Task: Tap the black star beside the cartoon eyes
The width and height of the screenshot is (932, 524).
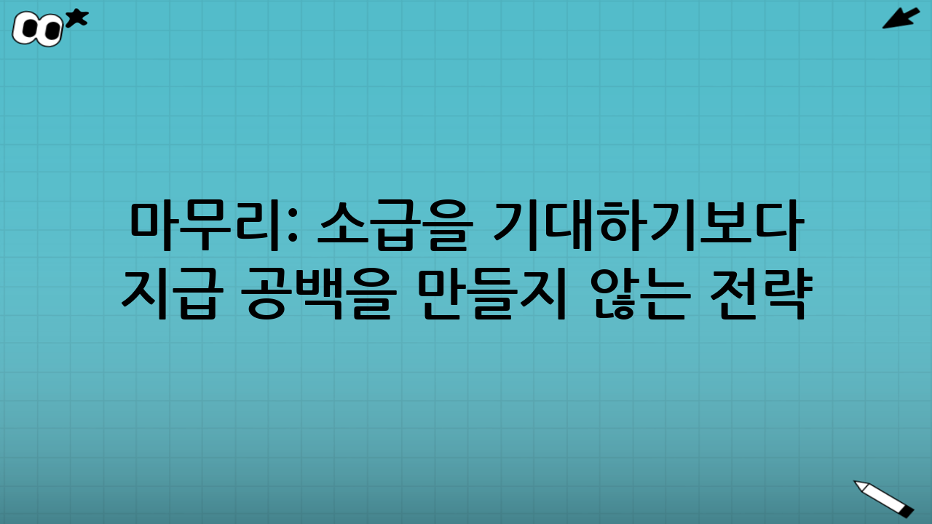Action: pos(76,18)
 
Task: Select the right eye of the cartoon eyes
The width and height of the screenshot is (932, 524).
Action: pos(50,31)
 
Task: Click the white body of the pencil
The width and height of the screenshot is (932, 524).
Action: pos(884,497)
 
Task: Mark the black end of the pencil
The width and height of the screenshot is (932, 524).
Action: pos(907,512)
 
